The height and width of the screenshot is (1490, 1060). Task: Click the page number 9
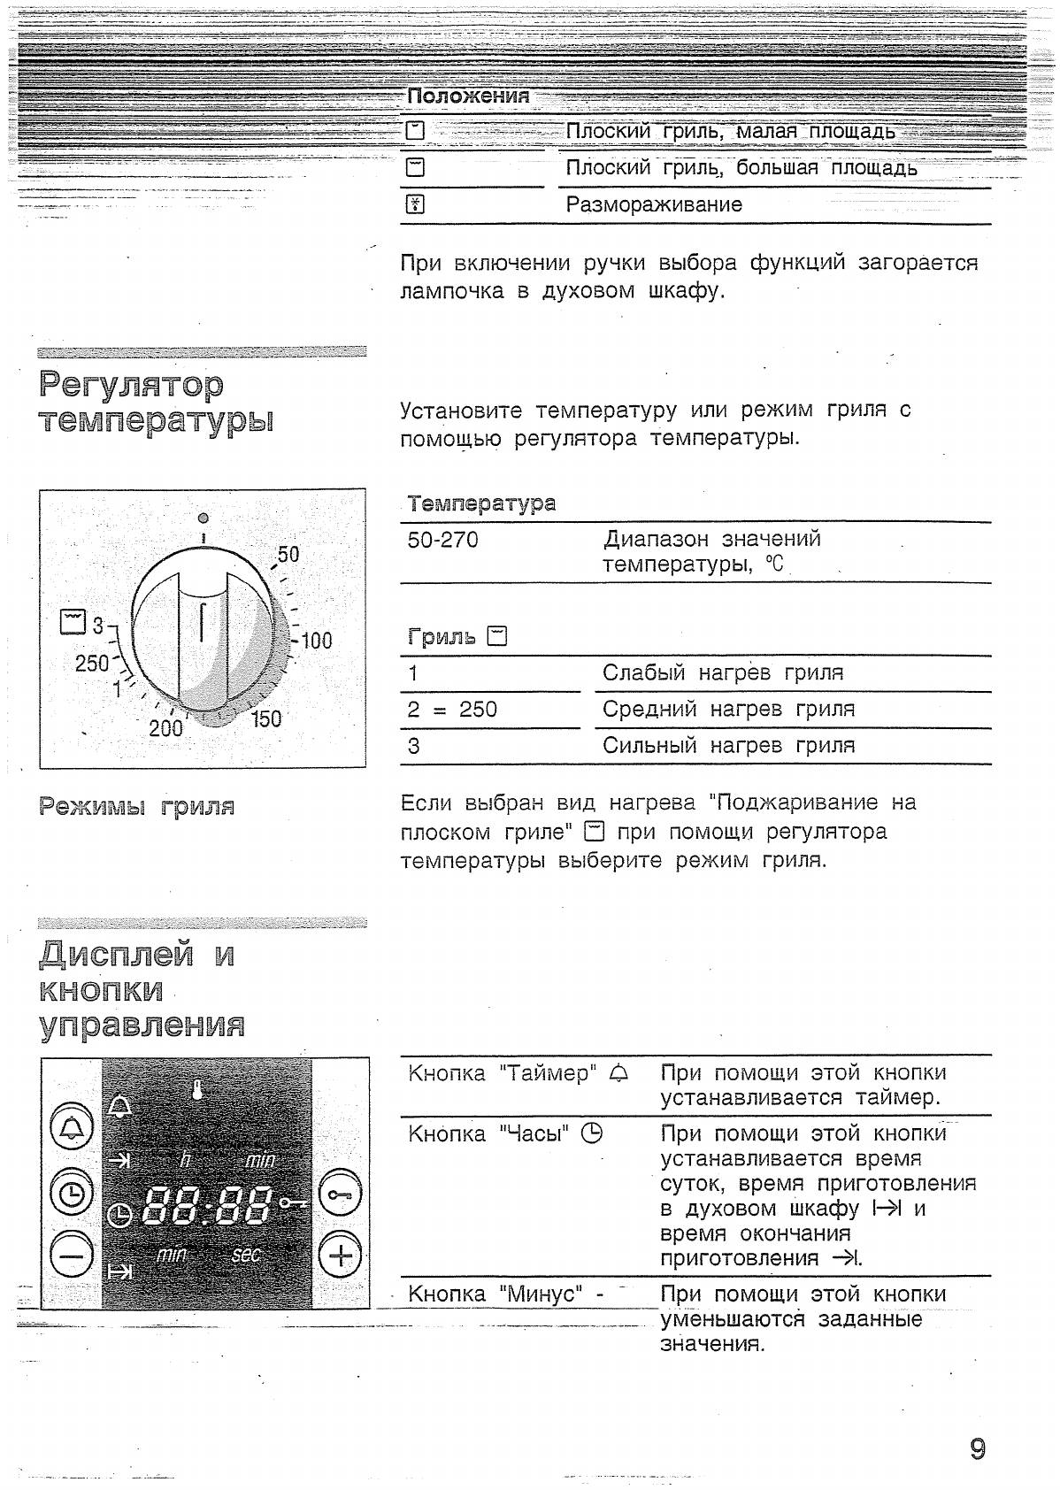[977, 1448]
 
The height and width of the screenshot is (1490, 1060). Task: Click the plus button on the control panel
[341, 1256]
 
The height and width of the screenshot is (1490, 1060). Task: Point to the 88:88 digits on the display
[208, 1204]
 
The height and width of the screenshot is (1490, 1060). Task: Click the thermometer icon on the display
[196, 1088]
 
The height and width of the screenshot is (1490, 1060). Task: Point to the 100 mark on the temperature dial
[315, 641]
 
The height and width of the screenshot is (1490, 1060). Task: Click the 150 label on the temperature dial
[265, 718]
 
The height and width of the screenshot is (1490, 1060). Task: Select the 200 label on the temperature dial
[165, 728]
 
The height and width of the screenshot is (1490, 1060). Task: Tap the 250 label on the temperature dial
[92, 663]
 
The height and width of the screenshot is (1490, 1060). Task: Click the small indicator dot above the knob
[204, 518]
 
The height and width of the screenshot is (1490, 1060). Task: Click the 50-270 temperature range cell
[442, 540]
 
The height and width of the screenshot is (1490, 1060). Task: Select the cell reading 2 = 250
[452, 710]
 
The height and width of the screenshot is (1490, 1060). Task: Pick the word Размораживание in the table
[654, 205]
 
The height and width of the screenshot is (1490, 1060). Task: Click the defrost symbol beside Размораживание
[415, 205]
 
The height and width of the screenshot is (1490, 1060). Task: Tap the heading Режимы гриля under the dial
[137, 806]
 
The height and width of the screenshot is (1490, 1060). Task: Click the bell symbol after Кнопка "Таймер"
[618, 1074]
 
